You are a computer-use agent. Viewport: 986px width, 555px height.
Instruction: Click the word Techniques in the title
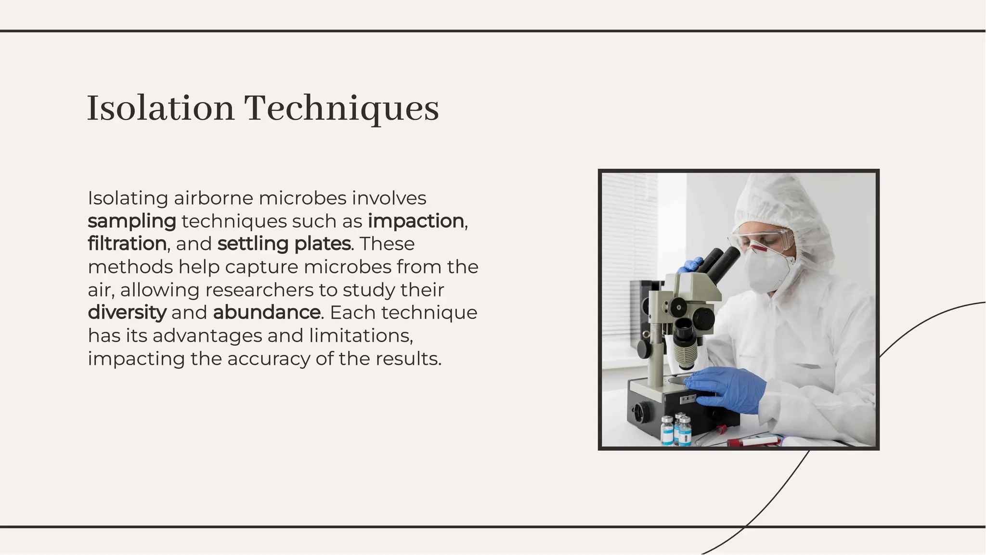[x=341, y=109]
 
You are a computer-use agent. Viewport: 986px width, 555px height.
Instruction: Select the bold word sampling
[x=132, y=221]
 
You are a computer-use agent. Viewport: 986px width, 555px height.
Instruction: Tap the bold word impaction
[x=416, y=221]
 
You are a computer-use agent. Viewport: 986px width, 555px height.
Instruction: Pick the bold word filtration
[x=127, y=244]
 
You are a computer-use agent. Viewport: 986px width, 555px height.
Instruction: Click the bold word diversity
[x=127, y=312]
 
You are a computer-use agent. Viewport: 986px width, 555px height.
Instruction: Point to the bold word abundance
[x=267, y=312]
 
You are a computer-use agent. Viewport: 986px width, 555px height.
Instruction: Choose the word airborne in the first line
[x=213, y=198]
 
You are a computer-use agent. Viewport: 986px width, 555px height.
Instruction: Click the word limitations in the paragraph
[x=360, y=336]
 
